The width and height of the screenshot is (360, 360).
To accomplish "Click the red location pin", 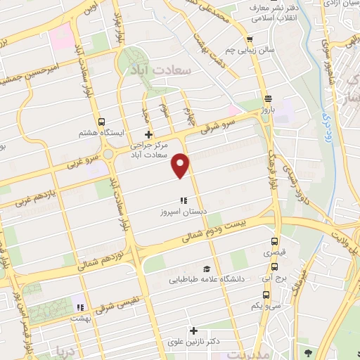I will coord(181,165).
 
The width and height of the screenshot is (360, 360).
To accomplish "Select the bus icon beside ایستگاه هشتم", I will coord(101,121).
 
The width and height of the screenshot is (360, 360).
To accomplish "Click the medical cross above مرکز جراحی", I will coord(148,134).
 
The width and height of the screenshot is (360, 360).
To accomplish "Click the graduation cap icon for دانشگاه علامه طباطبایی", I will coord(207,269).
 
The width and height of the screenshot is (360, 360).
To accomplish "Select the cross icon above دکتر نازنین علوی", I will coord(193,330).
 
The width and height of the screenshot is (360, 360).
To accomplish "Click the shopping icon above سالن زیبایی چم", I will coord(250,39).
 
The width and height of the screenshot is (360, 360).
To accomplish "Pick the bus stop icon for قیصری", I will coord(274,240).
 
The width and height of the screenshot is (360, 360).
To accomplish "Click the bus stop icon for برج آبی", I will coord(274,267).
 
